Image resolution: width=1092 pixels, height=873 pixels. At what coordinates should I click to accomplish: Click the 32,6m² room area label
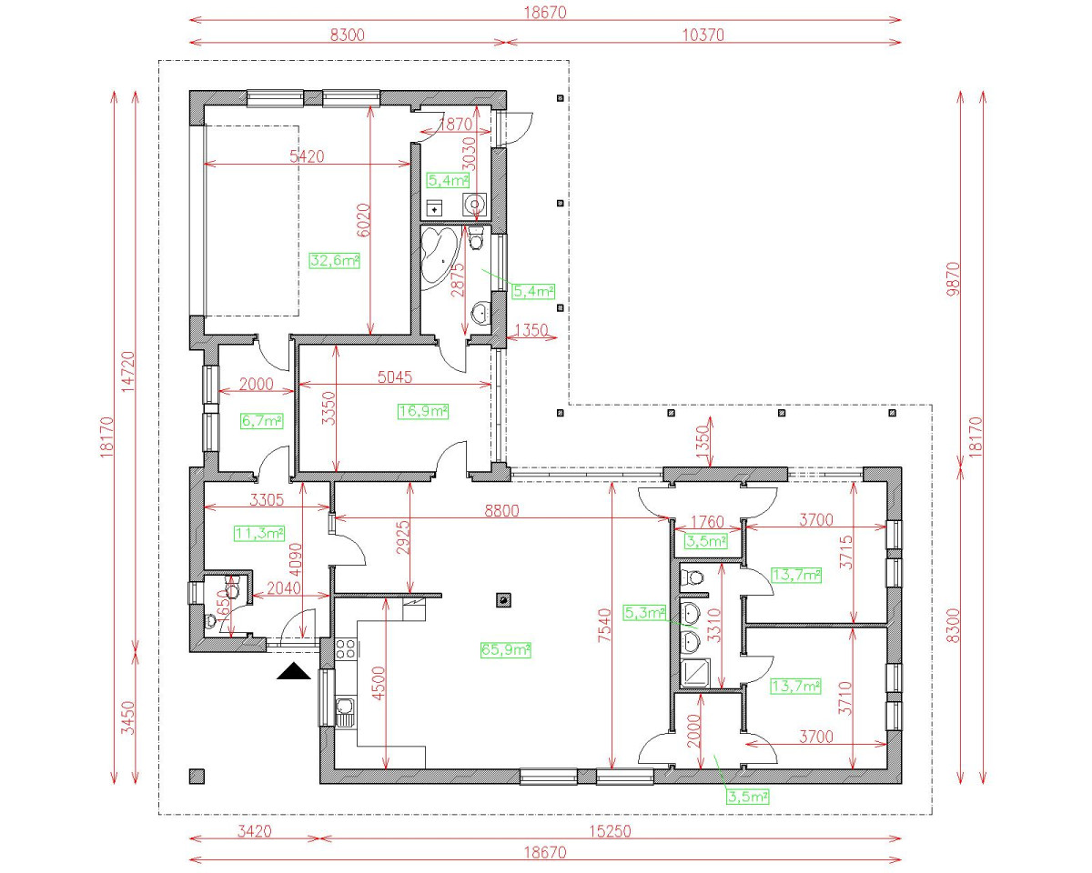point(335,260)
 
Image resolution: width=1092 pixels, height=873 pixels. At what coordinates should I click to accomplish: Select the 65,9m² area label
point(505,649)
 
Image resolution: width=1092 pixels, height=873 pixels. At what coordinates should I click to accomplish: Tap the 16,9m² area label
point(423,411)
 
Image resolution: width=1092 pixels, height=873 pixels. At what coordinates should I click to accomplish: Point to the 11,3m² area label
point(259,533)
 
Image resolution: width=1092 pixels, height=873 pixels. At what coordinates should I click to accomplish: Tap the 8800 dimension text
point(501,511)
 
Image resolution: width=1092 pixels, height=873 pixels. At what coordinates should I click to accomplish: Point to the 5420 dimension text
point(307,156)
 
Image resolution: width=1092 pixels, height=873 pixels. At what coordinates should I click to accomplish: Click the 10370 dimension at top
point(703,35)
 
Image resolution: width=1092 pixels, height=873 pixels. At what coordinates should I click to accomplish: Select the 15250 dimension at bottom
point(610,831)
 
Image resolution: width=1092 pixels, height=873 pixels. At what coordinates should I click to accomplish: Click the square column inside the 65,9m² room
point(501,599)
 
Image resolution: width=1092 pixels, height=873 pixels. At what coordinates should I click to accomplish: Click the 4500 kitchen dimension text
point(379,681)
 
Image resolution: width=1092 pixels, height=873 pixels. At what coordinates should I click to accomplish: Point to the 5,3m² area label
point(645,612)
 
